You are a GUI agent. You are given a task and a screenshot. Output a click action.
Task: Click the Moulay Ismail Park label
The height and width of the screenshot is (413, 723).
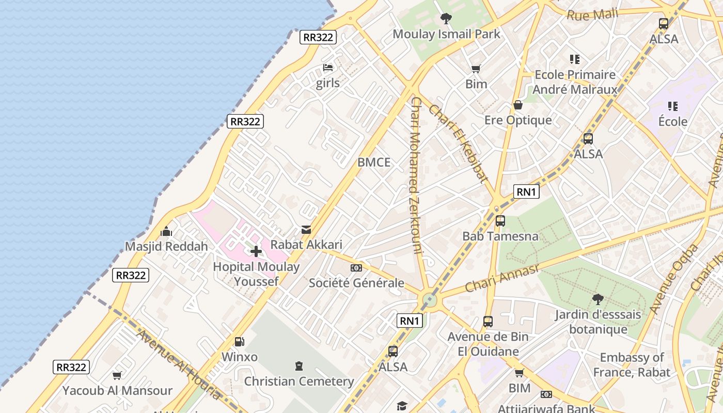pyautogui.click(x=446, y=34)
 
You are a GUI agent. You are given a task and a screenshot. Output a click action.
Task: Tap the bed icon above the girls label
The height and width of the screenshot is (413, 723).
pyautogui.click(x=328, y=67)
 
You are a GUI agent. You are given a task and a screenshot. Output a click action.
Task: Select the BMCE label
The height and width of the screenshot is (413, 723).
pyautogui.click(x=374, y=162)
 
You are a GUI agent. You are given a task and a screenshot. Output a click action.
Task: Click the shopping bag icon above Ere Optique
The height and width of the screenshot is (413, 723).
pyautogui.click(x=518, y=105)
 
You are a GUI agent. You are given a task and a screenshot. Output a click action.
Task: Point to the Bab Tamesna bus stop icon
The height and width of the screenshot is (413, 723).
pyautogui.click(x=500, y=221)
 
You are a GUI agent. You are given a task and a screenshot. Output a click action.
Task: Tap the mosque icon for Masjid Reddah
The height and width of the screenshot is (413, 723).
pyautogui.click(x=166, y=231)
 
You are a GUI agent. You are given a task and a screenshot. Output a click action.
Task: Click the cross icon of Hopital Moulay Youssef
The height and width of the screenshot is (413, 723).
pyautogui.click(x=256, y=251)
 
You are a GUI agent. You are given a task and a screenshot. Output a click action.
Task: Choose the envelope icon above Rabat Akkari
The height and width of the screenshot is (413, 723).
pyautogui.click(x=306, y=229)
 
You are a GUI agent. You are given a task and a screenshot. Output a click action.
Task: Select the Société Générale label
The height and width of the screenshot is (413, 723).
pyautogui.click(x=356, y=283)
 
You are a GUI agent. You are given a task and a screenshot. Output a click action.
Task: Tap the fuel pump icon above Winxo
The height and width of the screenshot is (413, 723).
pyautogui.click(x=239, y=341)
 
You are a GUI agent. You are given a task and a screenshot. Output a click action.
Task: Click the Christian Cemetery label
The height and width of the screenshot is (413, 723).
pyautogui.click(x=299, y=382)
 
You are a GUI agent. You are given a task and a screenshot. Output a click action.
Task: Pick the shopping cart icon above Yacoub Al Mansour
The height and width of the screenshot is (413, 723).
pyautogui.click(x=117, y=375)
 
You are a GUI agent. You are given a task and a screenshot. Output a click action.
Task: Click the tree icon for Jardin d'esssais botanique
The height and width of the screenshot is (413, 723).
pyautogui.click(x=598, y=299)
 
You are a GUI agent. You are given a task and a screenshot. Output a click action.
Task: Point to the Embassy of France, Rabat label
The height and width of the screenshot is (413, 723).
pyautogui.click(x=632, y=364)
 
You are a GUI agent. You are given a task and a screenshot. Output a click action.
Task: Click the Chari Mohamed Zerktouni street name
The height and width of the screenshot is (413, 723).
pyautogui.click(x=416, y=176)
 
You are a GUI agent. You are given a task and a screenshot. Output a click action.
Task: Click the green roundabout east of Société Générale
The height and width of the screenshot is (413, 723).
pyautogui.click(x=429, y=300)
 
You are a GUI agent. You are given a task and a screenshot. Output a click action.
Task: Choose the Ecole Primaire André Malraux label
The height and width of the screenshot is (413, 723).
pyautogui.click(x=575, y=82)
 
